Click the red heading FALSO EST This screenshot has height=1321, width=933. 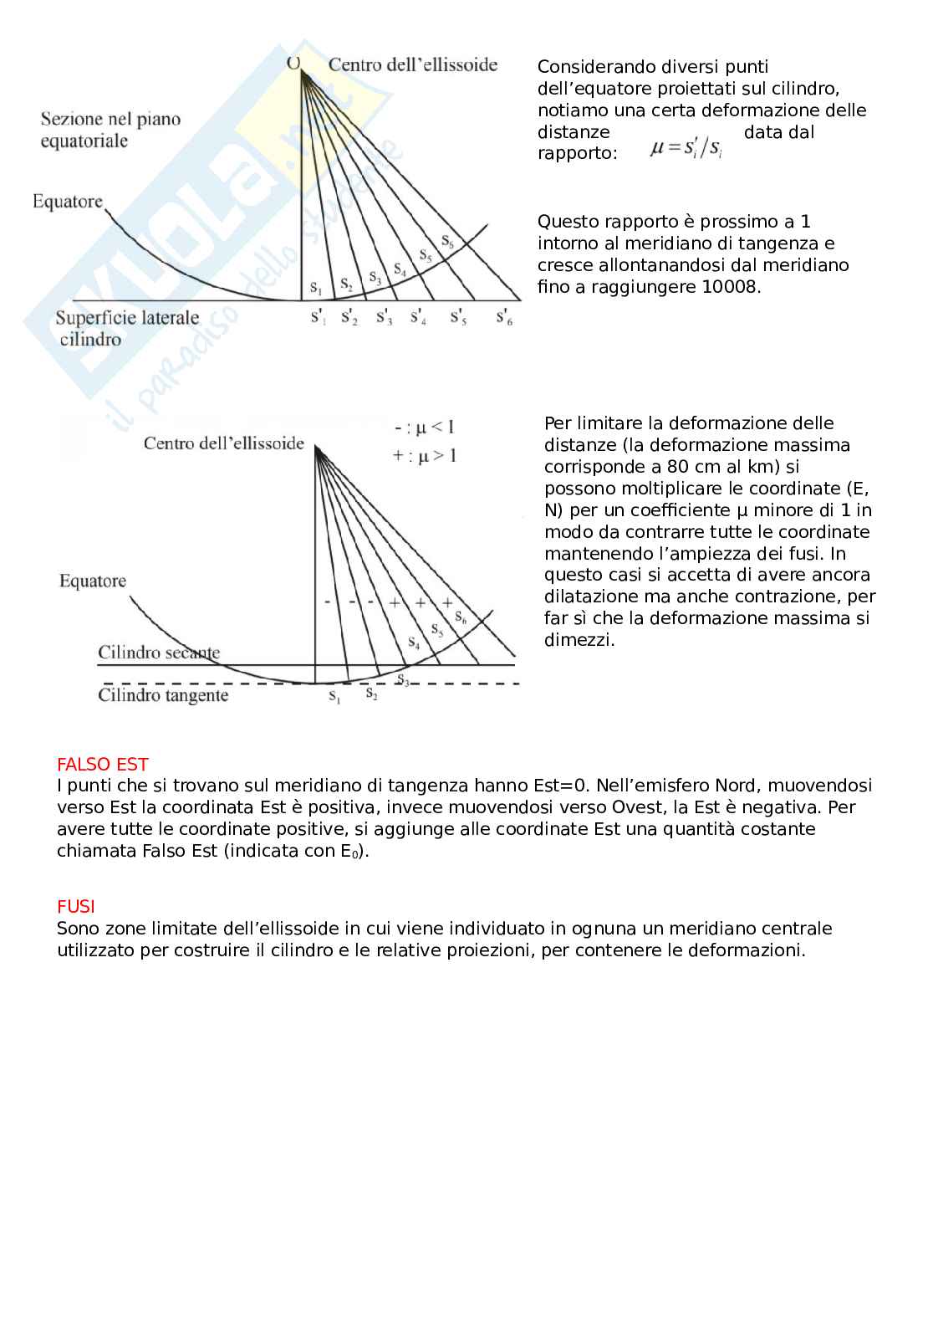[102, 764]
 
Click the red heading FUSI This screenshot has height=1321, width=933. [75, 906]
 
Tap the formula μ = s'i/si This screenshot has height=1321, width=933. [686, 148]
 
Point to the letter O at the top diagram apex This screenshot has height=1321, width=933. [293, 64]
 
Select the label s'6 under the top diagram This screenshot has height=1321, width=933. [504, 317]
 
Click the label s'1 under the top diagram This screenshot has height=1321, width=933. [319, 317]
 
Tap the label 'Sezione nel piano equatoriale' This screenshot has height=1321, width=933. [110, 130]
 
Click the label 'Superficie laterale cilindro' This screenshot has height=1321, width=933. [127, 328]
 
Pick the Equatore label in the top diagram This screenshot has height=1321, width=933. [67, 202]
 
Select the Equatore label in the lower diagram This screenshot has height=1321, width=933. [93, 581]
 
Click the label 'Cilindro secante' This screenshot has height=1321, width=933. [159, 653]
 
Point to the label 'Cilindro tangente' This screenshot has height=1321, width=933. [163, 695]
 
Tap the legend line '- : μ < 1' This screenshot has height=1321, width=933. [425, 428]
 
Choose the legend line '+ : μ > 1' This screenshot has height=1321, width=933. [425, 456]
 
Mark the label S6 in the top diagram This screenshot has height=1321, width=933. [447, 242]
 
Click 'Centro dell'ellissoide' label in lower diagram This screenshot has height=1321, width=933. [223, 443]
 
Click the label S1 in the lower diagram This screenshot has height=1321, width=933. [334, 696]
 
